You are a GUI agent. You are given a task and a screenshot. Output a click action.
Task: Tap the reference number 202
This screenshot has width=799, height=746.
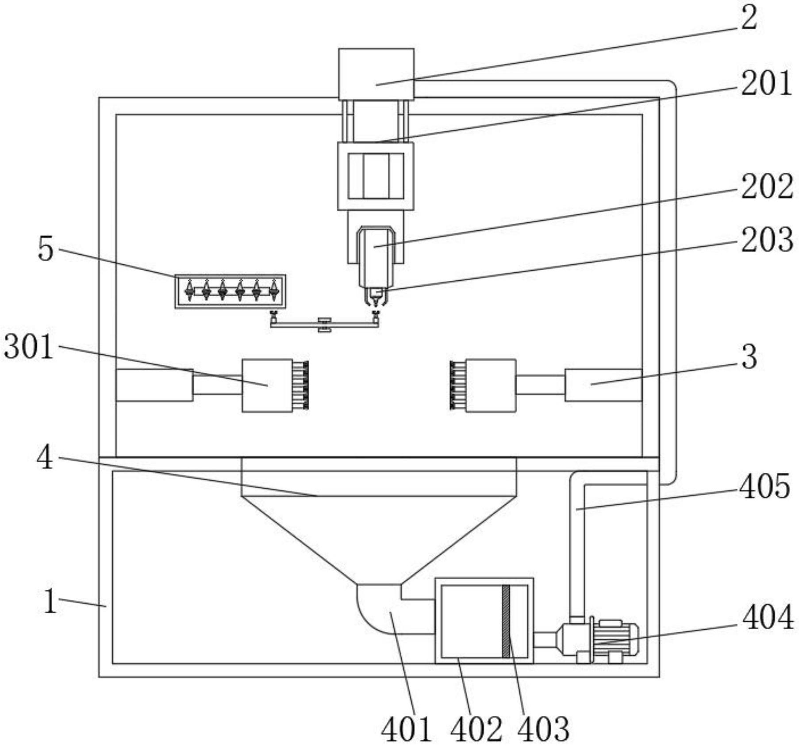[x=767, y=186]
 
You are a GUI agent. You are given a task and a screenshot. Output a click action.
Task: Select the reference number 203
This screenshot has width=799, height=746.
[x=767, y=240]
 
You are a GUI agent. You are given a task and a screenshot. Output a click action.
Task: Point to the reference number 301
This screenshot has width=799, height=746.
[x=29, y=346]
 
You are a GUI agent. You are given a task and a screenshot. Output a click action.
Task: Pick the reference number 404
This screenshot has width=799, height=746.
[x=768, y=618]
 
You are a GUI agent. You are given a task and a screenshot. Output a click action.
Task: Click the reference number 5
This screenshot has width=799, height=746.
[x=46, y=249]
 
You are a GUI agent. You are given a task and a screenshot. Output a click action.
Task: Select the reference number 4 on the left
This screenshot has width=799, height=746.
[x=45, y=458]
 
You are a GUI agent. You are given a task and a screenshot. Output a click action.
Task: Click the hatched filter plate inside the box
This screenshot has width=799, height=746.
[x=506, y=621]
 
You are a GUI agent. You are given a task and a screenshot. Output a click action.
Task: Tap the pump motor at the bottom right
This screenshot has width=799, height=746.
[x=599, y=640]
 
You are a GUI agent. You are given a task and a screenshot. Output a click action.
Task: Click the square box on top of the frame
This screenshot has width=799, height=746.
[x=376, y=74]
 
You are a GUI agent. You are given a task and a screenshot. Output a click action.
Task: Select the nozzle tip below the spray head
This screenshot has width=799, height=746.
[x=376, y=298]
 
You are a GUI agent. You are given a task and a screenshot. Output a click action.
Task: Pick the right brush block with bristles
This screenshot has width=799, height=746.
[x=483, y=385]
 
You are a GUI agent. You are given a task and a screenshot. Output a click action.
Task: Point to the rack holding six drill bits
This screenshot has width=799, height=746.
[x=230, y=291]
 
